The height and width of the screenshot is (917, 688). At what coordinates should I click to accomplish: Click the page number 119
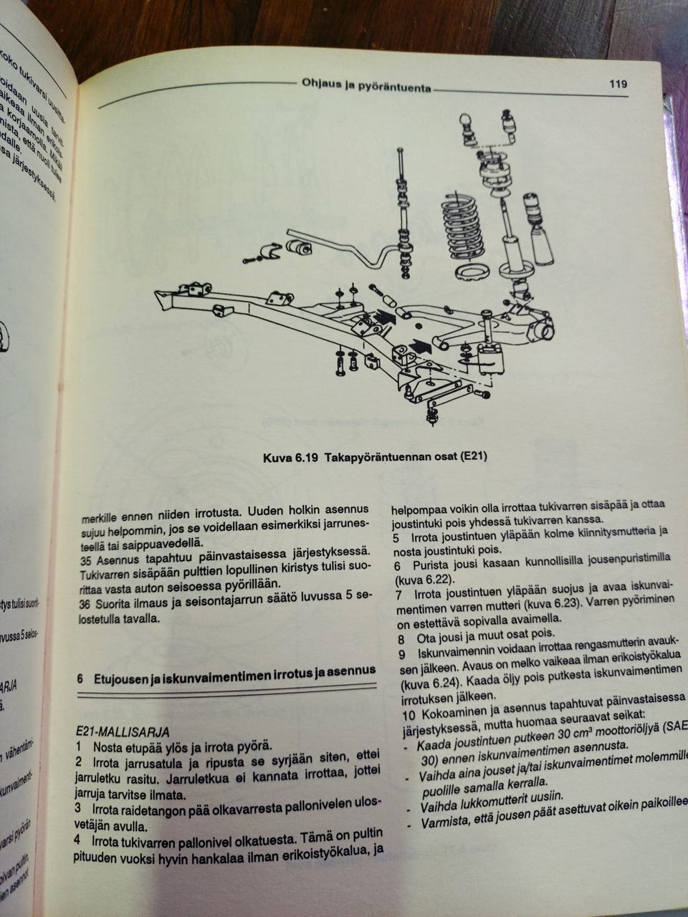click(x=618, y=83)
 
